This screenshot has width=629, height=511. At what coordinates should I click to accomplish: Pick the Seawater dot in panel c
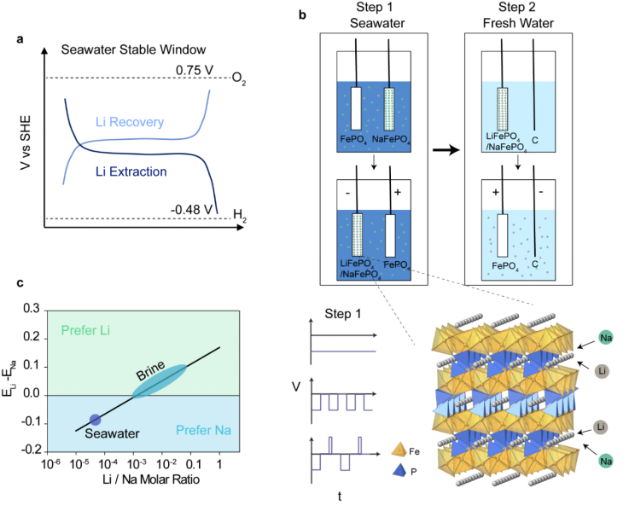click(96, 419)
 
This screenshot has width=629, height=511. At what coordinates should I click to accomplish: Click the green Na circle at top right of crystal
click(604, 338)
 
